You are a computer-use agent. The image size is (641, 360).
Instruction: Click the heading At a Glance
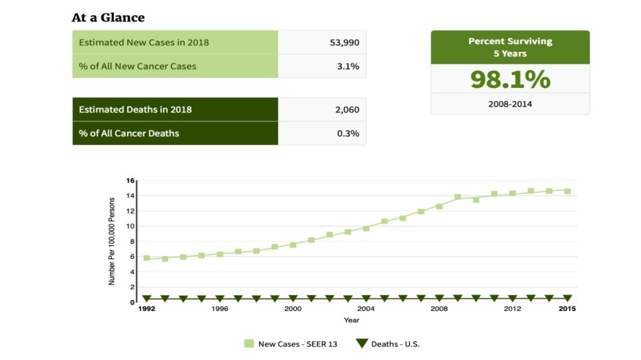108,17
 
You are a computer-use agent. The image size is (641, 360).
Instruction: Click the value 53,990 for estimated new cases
344,43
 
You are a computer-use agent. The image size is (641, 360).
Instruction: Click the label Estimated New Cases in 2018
144,43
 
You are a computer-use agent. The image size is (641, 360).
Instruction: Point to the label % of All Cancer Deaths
129,133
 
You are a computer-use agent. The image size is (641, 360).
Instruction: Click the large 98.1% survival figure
510,79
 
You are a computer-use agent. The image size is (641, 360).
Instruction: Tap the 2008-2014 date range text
510,104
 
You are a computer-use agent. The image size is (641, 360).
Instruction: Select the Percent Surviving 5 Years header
510,47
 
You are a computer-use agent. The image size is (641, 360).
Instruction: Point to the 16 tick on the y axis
131,180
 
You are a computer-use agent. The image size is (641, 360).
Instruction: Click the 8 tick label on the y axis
132,242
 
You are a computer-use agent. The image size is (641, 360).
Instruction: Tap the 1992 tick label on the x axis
147,309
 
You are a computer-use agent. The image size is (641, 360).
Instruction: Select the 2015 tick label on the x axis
567,309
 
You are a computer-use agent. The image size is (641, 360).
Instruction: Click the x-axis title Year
352,320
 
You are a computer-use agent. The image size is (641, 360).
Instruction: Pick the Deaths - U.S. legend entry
388,344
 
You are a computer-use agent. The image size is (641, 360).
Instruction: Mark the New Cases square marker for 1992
147,258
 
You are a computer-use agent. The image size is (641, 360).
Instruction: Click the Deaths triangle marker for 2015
567,298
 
